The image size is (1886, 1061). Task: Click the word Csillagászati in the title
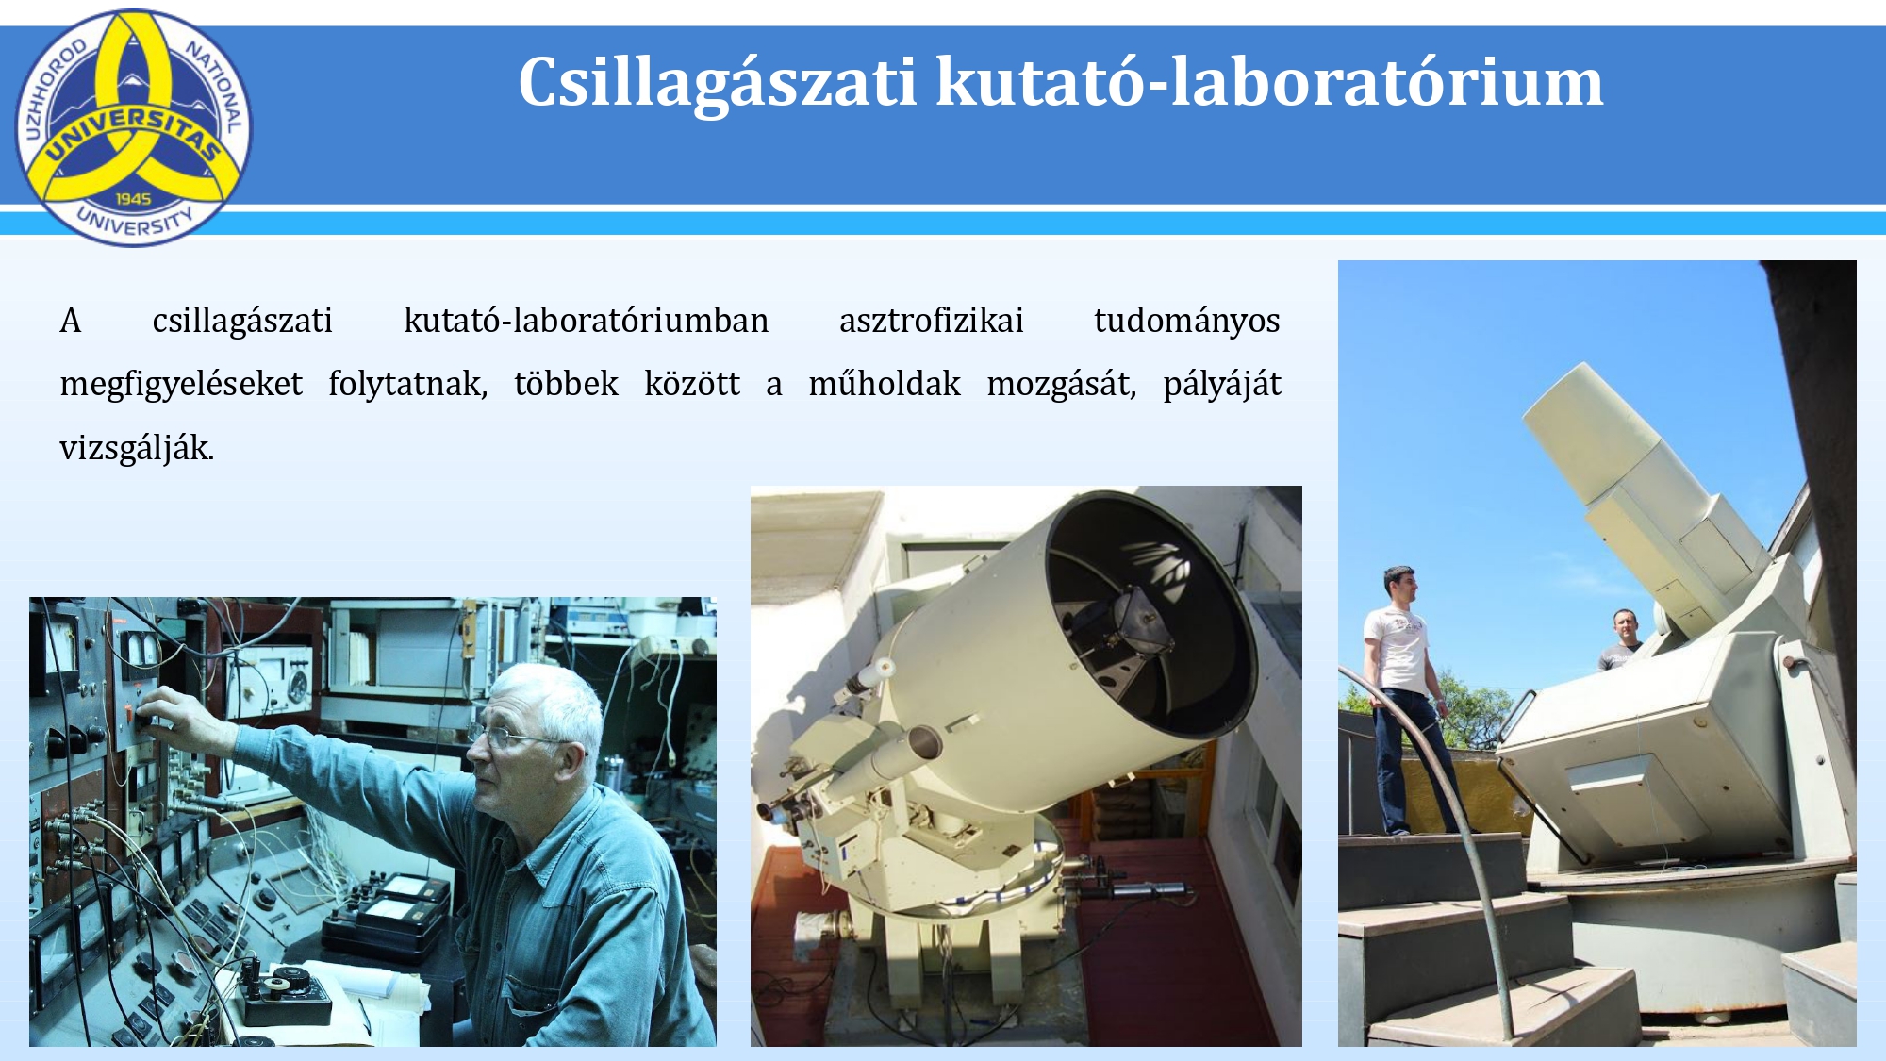point(717,83)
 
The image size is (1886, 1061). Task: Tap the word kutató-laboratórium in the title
point(1269,81)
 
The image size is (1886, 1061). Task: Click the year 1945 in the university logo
point(133,199)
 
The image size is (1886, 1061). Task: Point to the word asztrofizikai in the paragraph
point(931,321)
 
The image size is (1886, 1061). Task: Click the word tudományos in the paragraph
point(1186,323)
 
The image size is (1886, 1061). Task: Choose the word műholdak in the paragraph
point(885,384)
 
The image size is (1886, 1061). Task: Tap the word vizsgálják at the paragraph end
point(137,449)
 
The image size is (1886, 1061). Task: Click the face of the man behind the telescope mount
point(1626,627)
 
